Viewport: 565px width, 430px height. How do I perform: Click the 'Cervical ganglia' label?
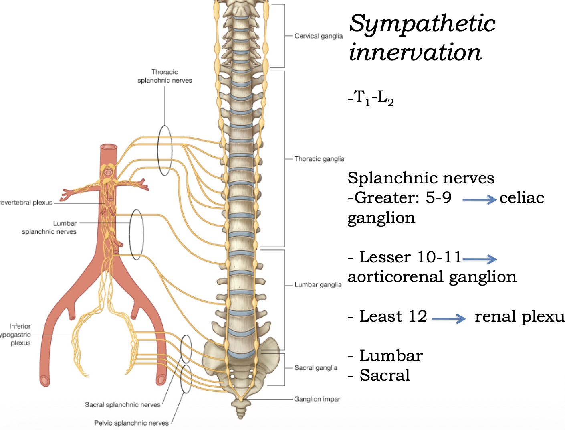[318, 36]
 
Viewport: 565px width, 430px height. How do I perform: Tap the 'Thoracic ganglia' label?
[319, 159]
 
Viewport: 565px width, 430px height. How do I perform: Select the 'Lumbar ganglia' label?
[318, 285]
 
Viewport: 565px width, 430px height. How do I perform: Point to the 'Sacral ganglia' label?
[316, 368]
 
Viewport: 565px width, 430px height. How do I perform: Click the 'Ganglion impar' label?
[317, 399]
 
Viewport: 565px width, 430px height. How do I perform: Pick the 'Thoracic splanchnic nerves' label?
[165, 76]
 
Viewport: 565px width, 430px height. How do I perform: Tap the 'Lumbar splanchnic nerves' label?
[49, 227]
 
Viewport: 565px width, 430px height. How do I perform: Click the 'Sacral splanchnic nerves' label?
[123, 405]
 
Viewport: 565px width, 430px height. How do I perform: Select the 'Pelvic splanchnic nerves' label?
[131, 423]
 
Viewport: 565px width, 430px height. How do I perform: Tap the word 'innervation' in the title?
[415, 52]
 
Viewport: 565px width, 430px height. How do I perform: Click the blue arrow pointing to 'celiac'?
[479, 199]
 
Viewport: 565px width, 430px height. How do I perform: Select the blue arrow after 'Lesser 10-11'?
[479, 259]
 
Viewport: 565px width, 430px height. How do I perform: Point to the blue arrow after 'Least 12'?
[448, 319]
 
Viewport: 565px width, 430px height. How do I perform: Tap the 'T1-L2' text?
[371, 97]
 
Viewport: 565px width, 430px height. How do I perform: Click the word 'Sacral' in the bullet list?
[385, 375]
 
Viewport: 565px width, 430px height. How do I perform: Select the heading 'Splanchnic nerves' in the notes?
[421, 178]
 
